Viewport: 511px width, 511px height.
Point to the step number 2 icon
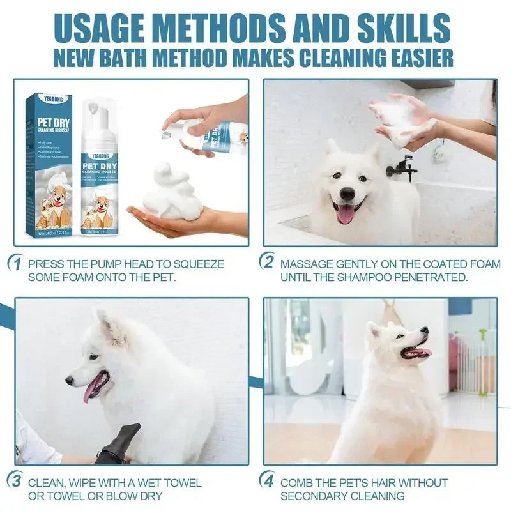click(x=267, y=263)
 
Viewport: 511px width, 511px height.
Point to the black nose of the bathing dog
click(x=347, y=194)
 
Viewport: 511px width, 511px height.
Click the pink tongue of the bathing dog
click(x=346, y=214)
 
